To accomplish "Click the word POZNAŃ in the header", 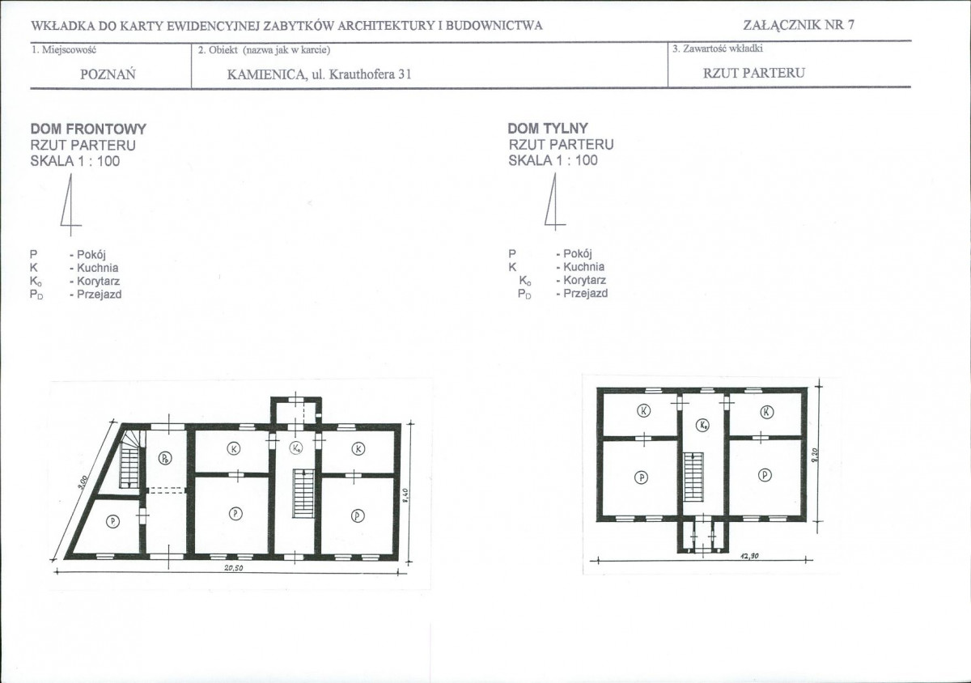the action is click(108, 74).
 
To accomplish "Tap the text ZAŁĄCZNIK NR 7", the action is click(799, 25).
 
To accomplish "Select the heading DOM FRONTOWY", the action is click(88, 129).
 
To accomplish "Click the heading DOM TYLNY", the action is click(548, 128).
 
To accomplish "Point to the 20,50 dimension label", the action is click(234, 568).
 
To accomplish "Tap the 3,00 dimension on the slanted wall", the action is click(83, 482).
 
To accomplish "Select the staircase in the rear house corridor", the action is click(693, 477).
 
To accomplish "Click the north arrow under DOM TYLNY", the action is click(554, 204).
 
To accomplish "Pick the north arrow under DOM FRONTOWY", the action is click(70, 205).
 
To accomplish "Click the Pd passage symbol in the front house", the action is click(166, 458).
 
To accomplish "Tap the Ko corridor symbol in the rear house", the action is click(702, 426).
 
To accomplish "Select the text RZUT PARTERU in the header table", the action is click(754, 73).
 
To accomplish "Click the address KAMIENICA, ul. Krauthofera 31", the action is click(319, 74).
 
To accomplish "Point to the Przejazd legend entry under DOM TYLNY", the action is click(562, 294).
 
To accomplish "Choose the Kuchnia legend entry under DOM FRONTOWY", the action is click(74, 268).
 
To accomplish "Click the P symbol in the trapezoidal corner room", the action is click(112, 521).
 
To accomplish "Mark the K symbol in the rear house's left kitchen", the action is click(643, 410).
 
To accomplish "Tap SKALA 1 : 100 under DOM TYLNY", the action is click(553, 160).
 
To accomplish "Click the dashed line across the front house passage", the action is click(166, 490).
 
